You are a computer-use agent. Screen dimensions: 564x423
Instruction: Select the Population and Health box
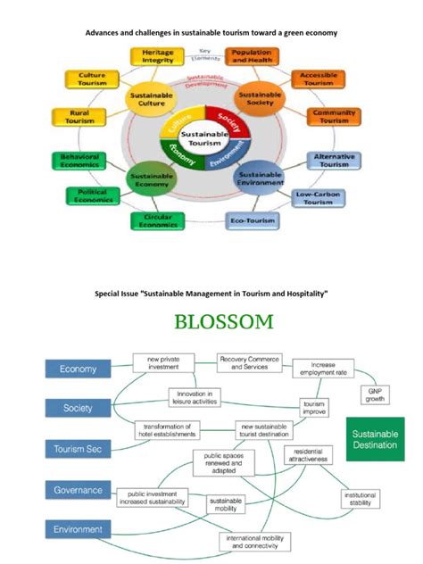pos(251,57)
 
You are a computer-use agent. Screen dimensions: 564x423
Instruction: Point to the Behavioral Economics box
pos(79,162)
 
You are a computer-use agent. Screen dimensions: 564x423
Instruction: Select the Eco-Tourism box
pos(252,220)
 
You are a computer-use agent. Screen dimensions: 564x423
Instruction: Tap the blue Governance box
pos(78,490)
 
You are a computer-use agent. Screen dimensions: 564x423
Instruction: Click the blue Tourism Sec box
pos(78,449)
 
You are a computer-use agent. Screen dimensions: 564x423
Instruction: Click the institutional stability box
pos(360,499)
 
